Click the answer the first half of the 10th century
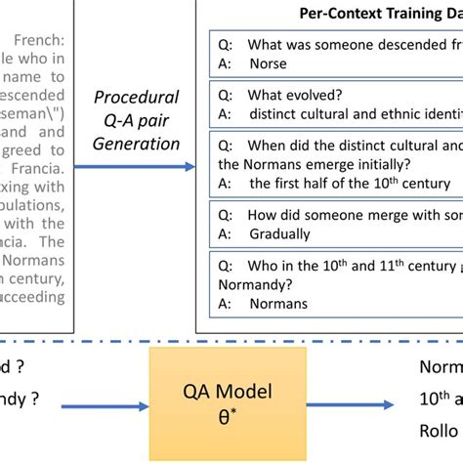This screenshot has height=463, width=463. tap(349, 183)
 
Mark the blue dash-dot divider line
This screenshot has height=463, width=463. tap(231, 343)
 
